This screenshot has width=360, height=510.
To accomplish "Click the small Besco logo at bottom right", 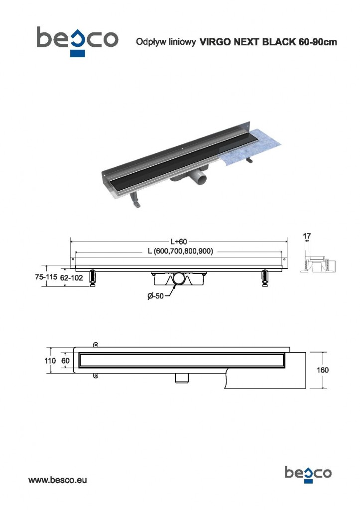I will coord(308,472).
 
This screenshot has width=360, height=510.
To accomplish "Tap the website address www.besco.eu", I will coord(58,481).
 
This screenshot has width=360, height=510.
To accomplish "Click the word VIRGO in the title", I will coord(215,43).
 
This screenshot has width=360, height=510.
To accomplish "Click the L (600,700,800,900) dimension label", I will coord(181,252).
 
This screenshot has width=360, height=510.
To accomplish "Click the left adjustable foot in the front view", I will coord(93,278).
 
